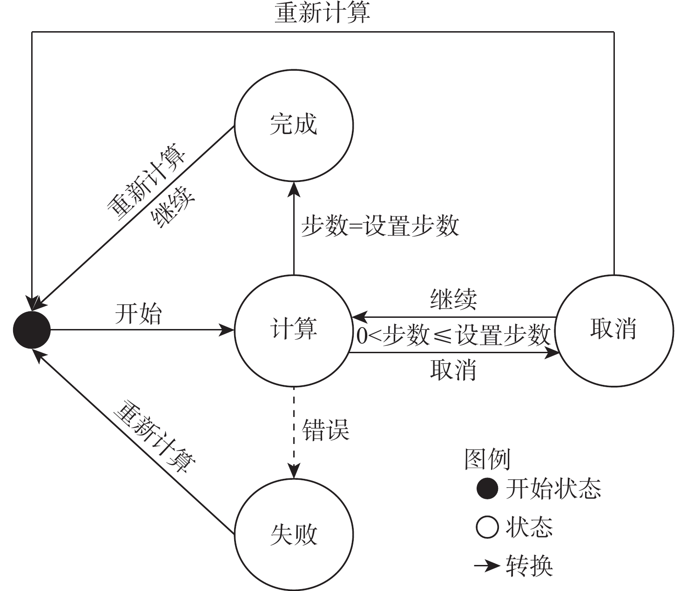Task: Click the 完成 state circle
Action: [294, 123]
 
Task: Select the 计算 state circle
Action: [294, 329]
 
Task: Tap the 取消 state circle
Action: [614, 329]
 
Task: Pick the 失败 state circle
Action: [294, 534]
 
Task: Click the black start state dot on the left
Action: [31, 330]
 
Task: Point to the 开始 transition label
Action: [138, 314]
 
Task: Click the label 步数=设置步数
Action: [380, 226]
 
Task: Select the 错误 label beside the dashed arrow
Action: [326, 430]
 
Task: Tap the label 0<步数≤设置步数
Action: [453, 335]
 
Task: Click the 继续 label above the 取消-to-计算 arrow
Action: [453, 299]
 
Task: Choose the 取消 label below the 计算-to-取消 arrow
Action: [453, 370]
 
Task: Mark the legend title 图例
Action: [487, 459]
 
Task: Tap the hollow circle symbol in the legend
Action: [487, 528]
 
